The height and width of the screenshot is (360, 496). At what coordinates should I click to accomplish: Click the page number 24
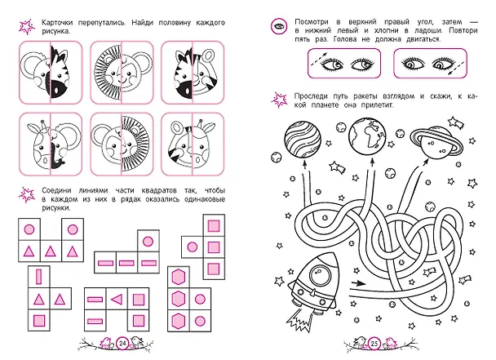122,343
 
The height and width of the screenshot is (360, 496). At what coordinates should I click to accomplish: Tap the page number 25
374,343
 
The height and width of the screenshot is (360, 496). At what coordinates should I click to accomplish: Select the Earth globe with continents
367,136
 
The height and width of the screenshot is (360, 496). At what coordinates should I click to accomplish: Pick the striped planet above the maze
303,138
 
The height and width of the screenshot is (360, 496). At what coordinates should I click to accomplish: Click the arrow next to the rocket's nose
358,282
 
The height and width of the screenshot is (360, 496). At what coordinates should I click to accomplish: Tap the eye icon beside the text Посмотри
279,26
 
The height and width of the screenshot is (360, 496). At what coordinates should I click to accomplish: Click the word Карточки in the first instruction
57,23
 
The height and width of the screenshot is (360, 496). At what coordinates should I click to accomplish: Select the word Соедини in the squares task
56,190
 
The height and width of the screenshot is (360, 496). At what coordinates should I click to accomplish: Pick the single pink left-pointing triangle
117,299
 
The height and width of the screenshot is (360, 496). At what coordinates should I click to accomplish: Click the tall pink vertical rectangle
39,277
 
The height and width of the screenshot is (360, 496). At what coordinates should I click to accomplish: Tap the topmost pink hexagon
179,277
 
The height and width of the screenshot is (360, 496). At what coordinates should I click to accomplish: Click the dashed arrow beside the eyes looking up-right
317,60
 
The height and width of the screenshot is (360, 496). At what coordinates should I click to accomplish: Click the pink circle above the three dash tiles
148,242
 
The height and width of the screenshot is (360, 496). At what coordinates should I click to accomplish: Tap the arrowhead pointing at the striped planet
304,165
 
